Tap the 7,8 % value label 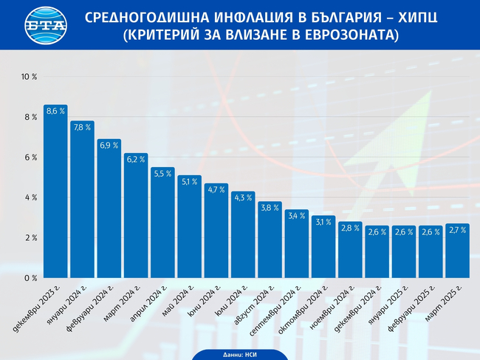tap(82, 127)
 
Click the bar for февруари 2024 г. tap(109, 211)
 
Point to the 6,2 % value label tap(136, 159)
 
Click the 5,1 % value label tap(189, 181)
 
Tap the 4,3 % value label tap(243, 197)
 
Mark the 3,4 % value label tap(297, 216)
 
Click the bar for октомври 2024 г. tap(323, 248)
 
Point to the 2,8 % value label tap(350, 228)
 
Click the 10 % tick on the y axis tap(29, 77)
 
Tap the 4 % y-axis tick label tap(30, 197)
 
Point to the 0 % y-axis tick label tap(30, 278)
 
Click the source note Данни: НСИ tap(239, 355)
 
